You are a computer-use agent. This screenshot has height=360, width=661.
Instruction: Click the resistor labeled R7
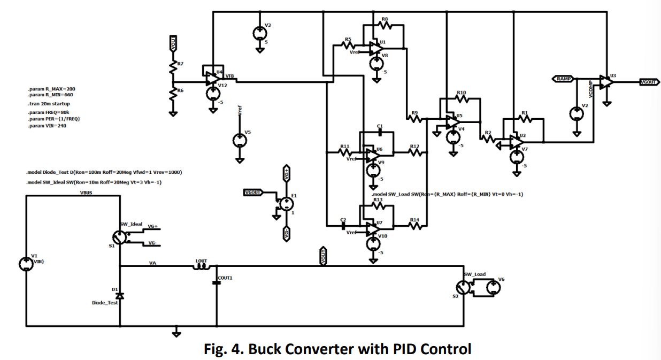173,68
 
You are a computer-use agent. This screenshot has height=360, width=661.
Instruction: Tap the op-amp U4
212,78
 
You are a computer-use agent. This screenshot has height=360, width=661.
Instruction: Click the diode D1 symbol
120,296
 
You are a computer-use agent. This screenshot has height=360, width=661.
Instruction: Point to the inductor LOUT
202,266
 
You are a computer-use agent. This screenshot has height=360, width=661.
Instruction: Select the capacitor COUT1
217,282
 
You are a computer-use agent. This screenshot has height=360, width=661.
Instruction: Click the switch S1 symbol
120,238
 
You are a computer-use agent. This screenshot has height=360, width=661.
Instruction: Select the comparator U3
606,82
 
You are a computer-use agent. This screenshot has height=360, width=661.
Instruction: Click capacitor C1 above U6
380,132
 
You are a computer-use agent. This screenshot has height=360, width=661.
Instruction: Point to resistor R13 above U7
378,205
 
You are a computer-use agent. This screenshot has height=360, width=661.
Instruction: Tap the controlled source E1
287,204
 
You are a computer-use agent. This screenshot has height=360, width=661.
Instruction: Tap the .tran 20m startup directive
49,104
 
